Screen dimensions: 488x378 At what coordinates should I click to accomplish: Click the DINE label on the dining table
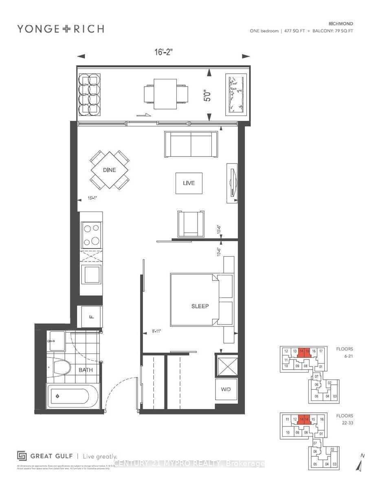pos(109,170)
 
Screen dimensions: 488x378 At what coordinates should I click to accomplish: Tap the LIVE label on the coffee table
pos(189,183)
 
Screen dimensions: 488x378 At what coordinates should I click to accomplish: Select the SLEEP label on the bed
pos(200,306)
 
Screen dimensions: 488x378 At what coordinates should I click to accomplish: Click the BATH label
pos(86,370)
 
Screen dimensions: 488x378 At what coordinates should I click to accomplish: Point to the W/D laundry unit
pos(226,390)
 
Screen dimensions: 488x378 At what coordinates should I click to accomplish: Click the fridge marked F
pos(91,317)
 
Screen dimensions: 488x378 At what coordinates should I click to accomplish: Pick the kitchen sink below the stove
pos(91,274)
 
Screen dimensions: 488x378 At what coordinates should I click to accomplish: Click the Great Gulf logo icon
pos(22,456)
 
